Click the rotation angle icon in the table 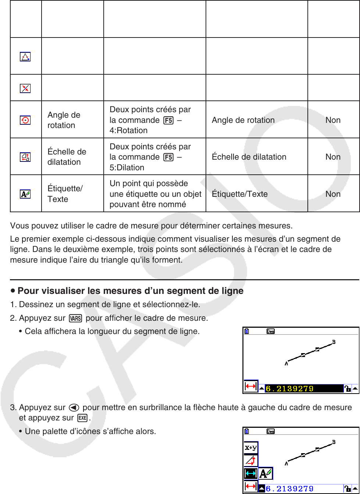(x=25, y=120)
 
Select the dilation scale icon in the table (x=25, y=157)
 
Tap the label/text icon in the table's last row (x=25, y=194)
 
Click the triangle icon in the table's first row (x=25, y=57)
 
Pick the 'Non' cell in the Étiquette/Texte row (x=333, y=194)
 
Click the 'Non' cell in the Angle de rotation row (x=333, y=120)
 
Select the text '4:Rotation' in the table (x=128, y=131)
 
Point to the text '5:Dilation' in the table (x=127, y=167)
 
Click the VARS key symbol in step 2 (x=75, y=318)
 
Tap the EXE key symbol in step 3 (x=83, y=418)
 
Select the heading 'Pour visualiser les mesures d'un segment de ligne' (x=130, y=291)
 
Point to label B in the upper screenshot (x=334, y=342)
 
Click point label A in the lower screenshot (x=286, y=463)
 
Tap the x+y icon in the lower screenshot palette (x=251, y=448)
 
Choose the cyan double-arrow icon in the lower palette (x=251, y=473)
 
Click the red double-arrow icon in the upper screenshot (x=251, y=387)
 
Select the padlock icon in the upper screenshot (x=347, y=388)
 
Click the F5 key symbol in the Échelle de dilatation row (x=168, y=157)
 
